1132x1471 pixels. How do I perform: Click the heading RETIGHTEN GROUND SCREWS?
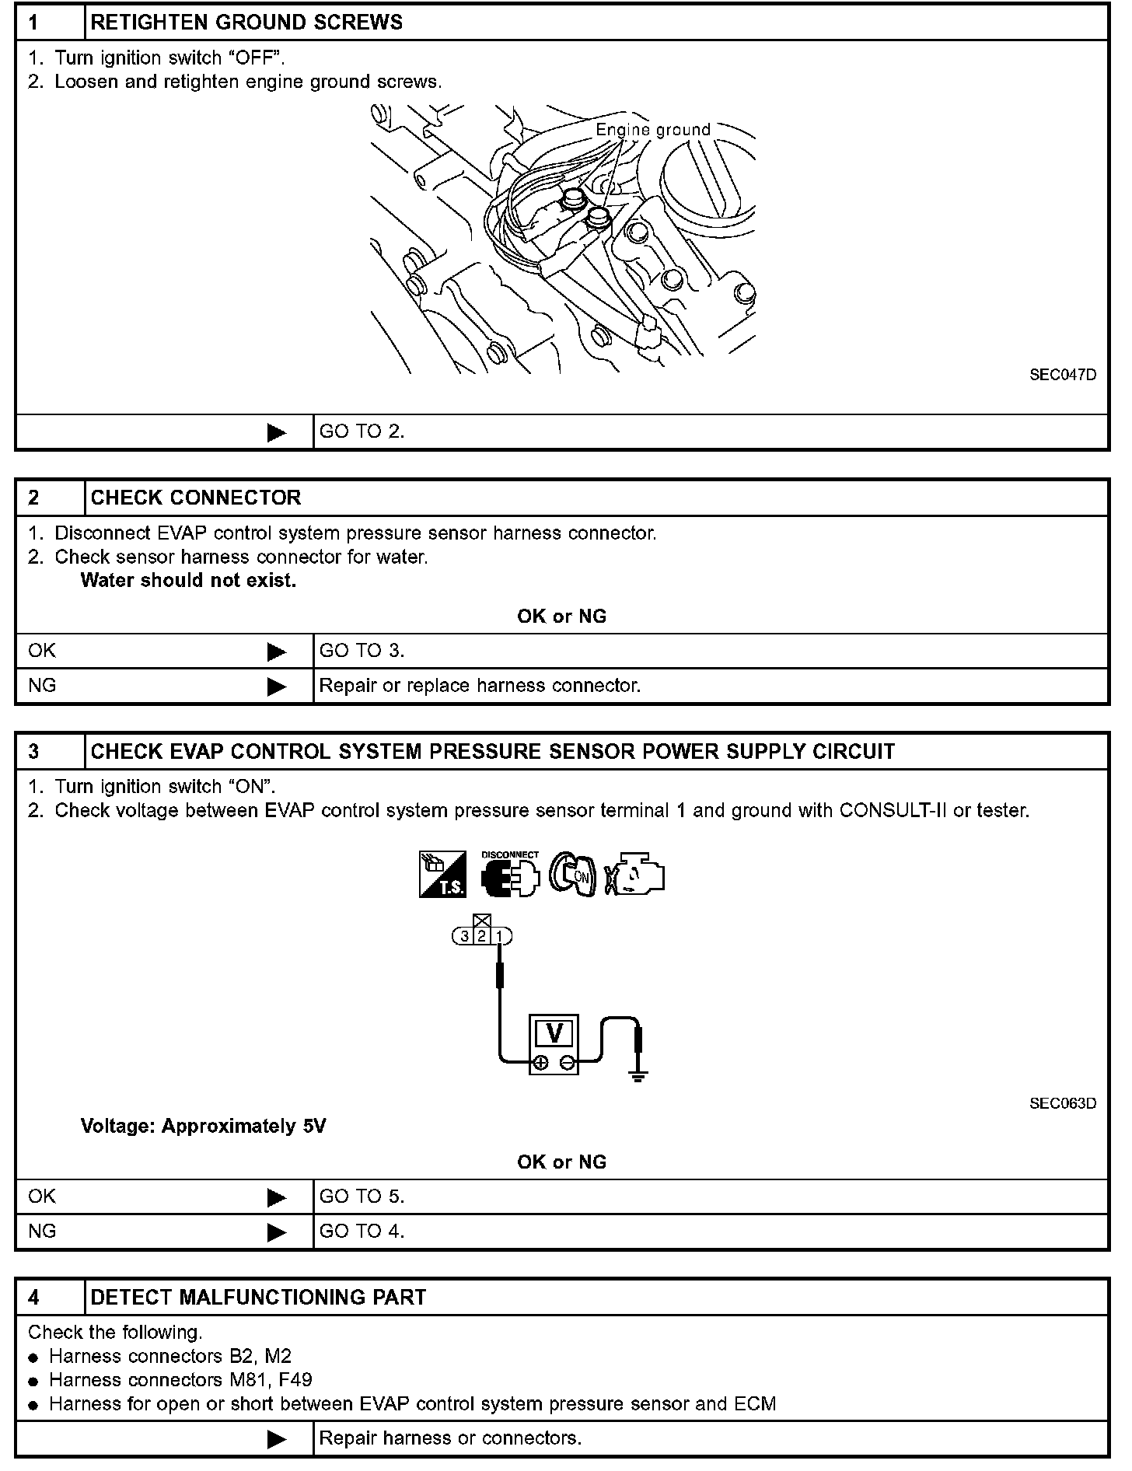pos(246,23)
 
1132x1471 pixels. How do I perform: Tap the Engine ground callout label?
pos(653,130)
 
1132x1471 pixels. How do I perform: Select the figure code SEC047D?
pos(1063,375)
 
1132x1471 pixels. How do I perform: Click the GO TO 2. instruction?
pos(362,432)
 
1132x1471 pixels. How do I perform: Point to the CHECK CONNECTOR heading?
pos(196,498)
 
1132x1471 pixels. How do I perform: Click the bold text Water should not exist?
pos(188,581)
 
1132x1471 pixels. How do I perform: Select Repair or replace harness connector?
pos(480,686)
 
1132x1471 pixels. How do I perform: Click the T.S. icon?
pos(442,875)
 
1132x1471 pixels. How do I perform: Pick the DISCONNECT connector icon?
pos(510,875)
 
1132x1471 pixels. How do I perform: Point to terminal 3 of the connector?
pos(464,936)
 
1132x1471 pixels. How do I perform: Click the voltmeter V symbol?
pos(554,1033)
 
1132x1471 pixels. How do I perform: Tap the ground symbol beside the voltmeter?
pos(638,1076)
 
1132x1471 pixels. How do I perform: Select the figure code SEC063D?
pos(1063,1103)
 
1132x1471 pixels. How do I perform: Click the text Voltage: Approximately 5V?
pos(203,1127)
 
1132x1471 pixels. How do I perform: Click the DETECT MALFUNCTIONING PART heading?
pos(258,1298)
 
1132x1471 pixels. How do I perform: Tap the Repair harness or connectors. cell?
pos(450,1438)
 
